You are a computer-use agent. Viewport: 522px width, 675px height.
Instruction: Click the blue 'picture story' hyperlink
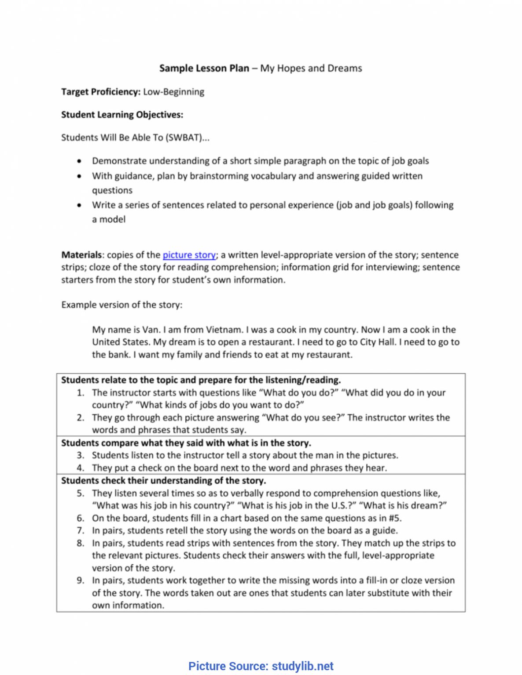coord(189,255)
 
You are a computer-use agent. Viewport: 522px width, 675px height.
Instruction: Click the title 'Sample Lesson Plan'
coord(204,68)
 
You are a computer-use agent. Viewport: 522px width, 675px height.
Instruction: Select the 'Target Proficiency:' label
coord(101,92)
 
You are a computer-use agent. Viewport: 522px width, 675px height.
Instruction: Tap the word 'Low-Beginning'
coord(174,92)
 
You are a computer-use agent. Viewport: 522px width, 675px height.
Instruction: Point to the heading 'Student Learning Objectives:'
coord(122,115)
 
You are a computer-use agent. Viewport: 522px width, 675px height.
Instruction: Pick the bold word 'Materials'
coord(81,255)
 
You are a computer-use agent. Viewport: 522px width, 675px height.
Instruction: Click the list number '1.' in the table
coord(81,392)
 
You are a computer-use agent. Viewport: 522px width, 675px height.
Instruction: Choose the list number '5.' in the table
coord(81,493)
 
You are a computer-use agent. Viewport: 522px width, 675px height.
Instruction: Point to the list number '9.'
coord(81,580)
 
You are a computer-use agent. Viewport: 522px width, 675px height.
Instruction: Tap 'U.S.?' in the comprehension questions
coord(344,505)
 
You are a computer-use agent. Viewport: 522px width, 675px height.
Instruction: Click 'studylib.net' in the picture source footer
coord(303,666)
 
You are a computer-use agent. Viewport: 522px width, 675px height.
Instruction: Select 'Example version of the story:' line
coord(121,305)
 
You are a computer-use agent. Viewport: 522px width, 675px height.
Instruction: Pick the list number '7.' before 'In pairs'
coord(81,530)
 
